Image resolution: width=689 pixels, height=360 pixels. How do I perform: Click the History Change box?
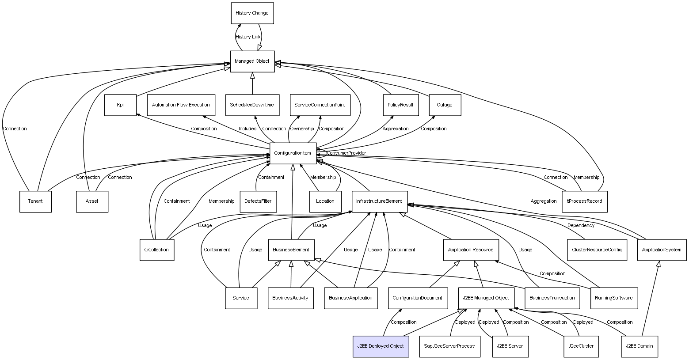click(252, 13)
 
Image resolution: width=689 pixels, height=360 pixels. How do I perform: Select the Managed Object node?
click(252, 61)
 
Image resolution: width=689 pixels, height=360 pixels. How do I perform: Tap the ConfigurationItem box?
click(293, 153)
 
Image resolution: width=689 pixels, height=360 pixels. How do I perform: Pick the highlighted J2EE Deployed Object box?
click(381, 346)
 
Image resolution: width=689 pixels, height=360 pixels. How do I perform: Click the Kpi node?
click(120, 105)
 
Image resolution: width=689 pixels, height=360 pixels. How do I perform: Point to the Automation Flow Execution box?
click(181, 105)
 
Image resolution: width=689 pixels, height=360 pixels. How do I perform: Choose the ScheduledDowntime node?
click(252, 105)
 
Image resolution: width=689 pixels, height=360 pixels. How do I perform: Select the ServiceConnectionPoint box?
click(320, 105)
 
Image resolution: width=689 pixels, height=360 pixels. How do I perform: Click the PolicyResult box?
click(400, 105)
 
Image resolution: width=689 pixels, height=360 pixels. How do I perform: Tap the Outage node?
click(445, 105)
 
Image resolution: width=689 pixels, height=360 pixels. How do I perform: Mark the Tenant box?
click(35, 201)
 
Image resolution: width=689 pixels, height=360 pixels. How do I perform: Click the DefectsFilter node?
click(258, 201)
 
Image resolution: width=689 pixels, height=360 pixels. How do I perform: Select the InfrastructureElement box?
click(379, 201)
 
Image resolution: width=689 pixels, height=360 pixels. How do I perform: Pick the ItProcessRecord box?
click(584, 201)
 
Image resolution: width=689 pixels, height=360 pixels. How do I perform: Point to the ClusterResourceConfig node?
click(597, 250)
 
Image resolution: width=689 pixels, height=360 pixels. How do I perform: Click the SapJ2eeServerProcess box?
click(449, 346)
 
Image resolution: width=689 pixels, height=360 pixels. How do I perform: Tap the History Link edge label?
click(248, 37)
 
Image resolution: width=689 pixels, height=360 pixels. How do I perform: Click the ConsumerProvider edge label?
click(346, 153)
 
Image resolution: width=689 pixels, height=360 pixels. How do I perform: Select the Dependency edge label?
click(581, 226)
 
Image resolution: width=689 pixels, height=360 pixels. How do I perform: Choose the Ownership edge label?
click(302, 129)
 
